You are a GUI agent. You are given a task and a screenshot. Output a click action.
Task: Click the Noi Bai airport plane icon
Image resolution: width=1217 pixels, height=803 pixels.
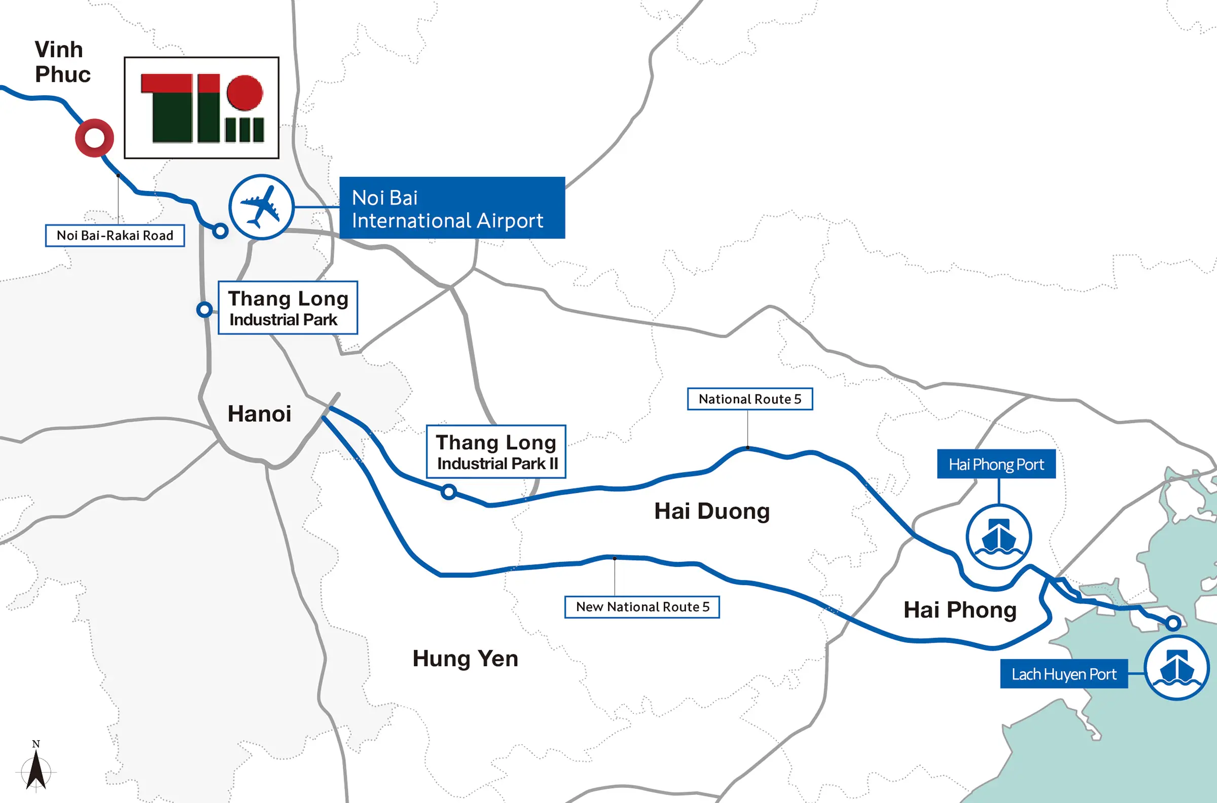[261, 207]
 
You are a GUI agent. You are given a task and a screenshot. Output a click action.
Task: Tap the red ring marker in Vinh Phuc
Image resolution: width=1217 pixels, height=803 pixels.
[94, 138]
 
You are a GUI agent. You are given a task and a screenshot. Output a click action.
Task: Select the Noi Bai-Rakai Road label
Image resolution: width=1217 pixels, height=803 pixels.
[115, 236]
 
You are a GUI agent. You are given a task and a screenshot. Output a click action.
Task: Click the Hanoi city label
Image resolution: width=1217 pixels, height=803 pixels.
[259, 414]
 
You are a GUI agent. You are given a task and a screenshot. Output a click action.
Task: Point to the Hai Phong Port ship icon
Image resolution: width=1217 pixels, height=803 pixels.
[998, 537]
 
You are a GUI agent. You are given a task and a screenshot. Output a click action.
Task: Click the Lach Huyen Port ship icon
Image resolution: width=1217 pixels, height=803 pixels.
[1176, 667]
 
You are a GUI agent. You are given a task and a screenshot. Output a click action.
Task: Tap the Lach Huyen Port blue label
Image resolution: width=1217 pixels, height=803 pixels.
[1063, 674]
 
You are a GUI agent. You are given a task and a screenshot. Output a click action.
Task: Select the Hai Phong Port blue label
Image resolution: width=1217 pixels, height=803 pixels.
[996, 464]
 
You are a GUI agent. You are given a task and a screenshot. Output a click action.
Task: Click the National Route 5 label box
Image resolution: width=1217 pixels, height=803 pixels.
[749, 399]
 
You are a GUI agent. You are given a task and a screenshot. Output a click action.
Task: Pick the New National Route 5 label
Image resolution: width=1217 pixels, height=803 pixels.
[642, 607]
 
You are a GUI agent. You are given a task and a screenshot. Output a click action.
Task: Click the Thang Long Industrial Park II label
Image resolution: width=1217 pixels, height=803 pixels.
[496, 452]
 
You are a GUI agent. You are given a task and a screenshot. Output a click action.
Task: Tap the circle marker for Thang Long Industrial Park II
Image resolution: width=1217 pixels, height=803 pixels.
[449, 492]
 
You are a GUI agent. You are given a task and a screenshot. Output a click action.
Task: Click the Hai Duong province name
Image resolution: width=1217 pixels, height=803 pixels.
[711, 511]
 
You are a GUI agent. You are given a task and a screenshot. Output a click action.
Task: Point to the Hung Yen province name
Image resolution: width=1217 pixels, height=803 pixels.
[465, 659]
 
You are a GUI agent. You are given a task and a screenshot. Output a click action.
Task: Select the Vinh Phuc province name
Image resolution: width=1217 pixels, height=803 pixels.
[61, 62]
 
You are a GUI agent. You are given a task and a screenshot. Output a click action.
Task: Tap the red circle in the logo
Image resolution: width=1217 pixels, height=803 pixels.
[245, 93]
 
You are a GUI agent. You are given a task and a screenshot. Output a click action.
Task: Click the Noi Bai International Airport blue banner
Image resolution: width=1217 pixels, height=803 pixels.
[452, 208]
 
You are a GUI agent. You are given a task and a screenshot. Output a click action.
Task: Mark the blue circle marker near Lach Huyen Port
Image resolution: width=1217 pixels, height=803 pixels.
[1173, 623]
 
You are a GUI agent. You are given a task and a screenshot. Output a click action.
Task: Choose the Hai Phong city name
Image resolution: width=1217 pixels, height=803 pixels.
[959, 610]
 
